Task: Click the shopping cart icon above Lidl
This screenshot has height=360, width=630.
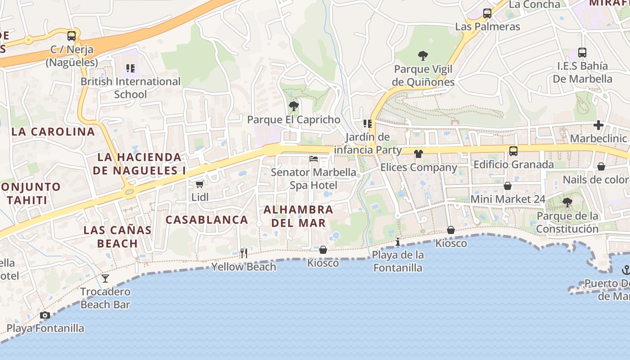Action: tap(199, 184)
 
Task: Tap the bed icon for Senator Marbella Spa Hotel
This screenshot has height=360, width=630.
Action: tap(314, 159)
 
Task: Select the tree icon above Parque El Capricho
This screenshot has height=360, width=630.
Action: tap(293, 106)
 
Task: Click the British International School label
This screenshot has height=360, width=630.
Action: tap(130, 88)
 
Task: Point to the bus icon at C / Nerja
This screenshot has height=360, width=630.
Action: tap(72, 36)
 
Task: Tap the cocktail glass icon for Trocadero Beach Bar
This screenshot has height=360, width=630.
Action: tap(105, 279)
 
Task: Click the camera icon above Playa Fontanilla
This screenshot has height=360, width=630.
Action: tap(45, 315)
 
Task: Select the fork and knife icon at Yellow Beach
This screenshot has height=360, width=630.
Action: tap(243, 253)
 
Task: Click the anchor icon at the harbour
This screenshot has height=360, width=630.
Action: tap(625, 270)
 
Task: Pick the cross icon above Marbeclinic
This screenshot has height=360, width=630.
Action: tap(598, 125)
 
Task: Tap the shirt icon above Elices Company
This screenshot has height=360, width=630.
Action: tap(418, 154)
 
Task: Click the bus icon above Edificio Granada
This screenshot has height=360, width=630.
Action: tap(513, 151)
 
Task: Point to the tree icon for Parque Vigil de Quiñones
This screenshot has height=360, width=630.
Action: tap(423, 56)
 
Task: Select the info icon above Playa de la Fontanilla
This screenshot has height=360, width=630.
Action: tap(398, 243)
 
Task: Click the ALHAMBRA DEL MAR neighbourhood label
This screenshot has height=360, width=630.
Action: tap(298, 216)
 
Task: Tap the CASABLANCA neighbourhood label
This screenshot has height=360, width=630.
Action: tap(207, 220)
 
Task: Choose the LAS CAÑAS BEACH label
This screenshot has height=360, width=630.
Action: tap(117, 237)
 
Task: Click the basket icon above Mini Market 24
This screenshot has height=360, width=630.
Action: tap(508, 186)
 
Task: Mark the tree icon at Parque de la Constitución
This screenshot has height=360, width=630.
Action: tap(567, 202)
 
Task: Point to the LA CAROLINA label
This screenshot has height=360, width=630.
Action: tap(53, 132)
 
